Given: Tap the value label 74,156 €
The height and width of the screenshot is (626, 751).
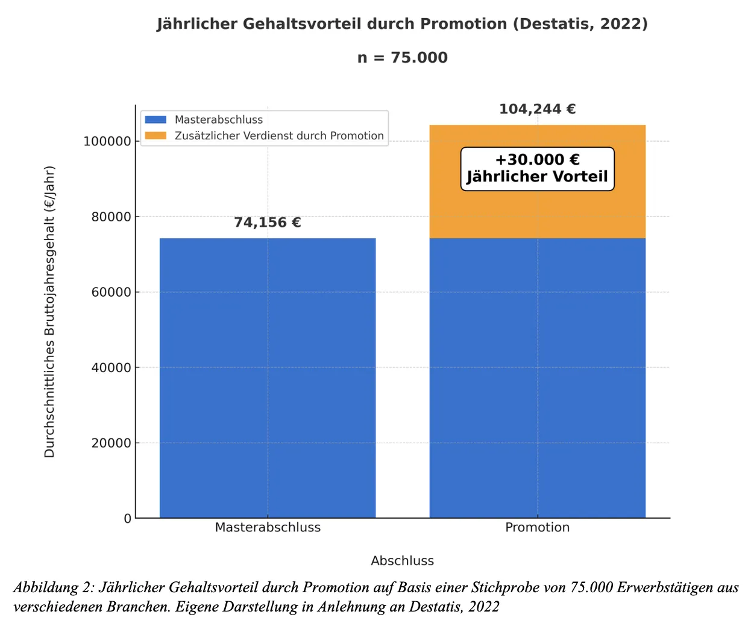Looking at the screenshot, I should [x=268, y=223].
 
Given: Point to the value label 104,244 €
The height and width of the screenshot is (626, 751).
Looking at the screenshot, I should [x=537, y=109].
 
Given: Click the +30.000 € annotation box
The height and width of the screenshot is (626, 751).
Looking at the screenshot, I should [x=537, y=169].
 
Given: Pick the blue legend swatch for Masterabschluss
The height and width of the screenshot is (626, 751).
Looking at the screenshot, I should [x=156, y=119].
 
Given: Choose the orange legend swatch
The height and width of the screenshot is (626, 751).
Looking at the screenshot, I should [x=156, y=136].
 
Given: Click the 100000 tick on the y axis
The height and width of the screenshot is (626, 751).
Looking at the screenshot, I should [x=107, y=141].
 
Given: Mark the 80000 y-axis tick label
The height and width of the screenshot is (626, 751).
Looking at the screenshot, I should [x=111, y=217].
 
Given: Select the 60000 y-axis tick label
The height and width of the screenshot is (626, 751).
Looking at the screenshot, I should [x=111, y=292].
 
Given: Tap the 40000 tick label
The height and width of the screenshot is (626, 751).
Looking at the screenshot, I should [x=111, y=368].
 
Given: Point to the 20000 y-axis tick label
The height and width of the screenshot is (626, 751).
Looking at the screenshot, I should [x=111, y=443].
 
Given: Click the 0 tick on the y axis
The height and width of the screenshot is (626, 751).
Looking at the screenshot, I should [x=127, y=519].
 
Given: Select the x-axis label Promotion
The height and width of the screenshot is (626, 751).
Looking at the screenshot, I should [x=537, y=528].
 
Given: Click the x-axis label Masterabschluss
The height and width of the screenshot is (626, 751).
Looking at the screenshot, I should [x=268, y=528].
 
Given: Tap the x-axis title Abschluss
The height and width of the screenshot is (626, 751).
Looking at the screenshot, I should [x=402, y=561].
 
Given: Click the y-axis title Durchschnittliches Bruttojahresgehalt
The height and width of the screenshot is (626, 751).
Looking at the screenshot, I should [x=49, y=311].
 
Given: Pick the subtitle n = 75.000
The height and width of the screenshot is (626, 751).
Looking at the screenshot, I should [x=402, y=58].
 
